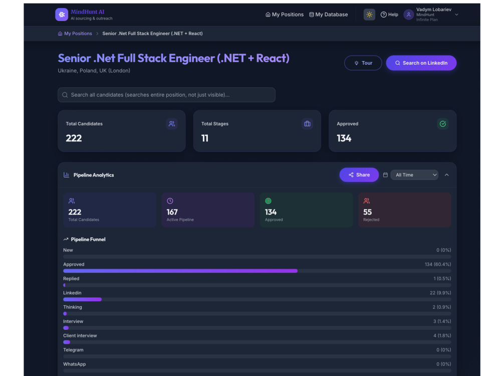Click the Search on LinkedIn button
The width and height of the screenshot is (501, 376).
421,63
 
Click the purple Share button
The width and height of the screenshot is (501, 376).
359,175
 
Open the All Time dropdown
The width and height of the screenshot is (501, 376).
414,175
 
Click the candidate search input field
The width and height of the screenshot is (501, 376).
166,95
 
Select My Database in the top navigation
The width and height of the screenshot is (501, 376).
329,15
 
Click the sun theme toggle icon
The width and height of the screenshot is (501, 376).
369,15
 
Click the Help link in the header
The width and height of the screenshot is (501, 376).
389,15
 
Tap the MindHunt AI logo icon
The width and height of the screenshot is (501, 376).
62,15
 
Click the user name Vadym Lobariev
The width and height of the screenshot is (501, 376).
433,10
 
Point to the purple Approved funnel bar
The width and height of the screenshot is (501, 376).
180,271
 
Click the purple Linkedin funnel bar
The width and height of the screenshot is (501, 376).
83,299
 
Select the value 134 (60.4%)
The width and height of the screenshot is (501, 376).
438,264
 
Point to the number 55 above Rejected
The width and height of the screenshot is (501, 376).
367,212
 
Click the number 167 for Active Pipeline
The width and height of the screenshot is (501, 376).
172,212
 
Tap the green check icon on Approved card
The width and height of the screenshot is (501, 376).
443,124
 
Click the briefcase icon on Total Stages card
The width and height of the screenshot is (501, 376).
307,124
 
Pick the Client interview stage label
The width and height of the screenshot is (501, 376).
80,336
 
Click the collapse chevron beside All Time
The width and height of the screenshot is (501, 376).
447,175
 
